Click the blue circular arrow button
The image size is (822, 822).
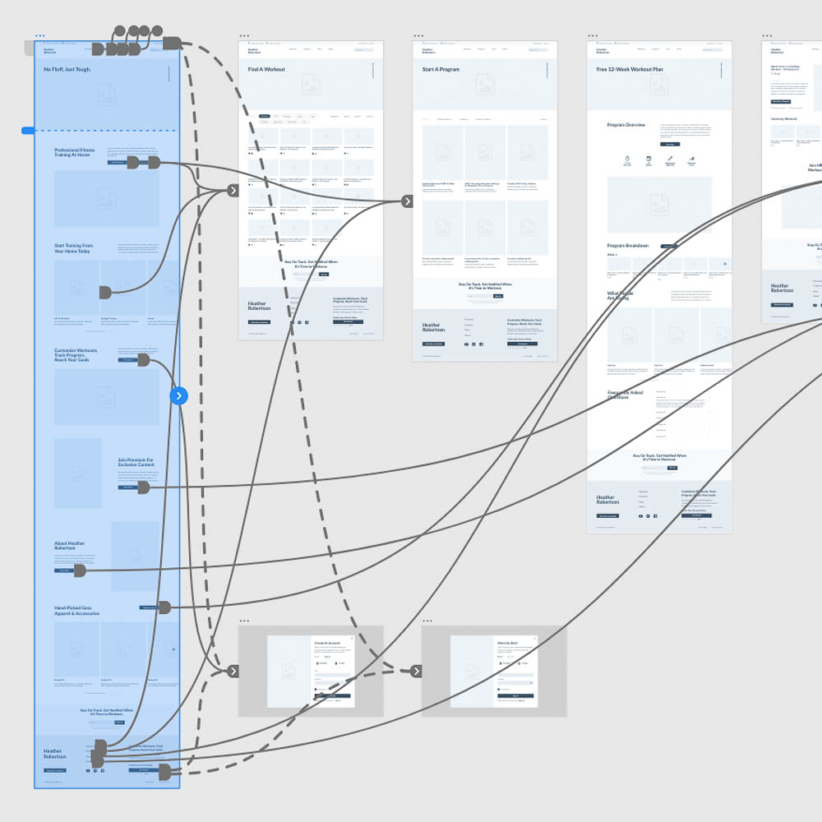pos(179,396)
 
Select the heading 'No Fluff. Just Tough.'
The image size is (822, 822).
pos(67,70)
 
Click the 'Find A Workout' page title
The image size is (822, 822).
pos(266,70)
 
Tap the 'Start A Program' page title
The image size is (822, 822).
pos(441,70)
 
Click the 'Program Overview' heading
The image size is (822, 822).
pos(626,125)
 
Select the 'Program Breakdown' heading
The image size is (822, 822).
pos(628,246)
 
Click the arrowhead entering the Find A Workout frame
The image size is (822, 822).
pos(233,191)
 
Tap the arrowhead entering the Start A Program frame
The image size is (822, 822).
pos(407,201)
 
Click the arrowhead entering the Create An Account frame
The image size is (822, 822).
pos(233,671)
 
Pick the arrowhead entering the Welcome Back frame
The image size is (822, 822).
pos(416,671)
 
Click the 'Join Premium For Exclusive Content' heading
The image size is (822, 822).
pos(136,463)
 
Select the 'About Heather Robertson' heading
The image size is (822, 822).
pos(70,546)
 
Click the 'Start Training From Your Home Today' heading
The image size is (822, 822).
pos(74,248)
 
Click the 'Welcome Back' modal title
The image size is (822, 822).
pos(508,644)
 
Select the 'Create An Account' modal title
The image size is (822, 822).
pos(326,644)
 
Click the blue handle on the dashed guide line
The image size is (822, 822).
pos(28,130)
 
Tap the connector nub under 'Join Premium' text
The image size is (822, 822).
pos(143,487)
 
